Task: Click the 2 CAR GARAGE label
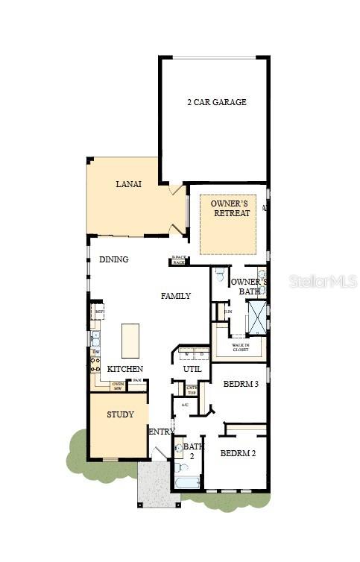pos(216,102)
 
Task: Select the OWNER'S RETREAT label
pos(230,208)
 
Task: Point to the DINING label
pos(113,259)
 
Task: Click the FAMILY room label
pos(176,296)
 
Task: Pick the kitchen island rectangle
pos(130,341)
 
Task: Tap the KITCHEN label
pos(124,369)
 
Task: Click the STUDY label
pos(120,414)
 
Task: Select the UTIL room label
pos(192,369)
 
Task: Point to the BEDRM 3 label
pos(240,385)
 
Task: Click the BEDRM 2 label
pos(238,453)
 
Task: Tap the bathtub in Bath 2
pos(186,481)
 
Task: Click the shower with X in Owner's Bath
pos(256,317)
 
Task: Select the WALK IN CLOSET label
pos(240,347)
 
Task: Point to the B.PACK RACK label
pos(178,259)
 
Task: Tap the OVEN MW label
pos(118,385)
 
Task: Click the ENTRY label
pos(162,432)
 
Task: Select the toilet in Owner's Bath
pos(219,274)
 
